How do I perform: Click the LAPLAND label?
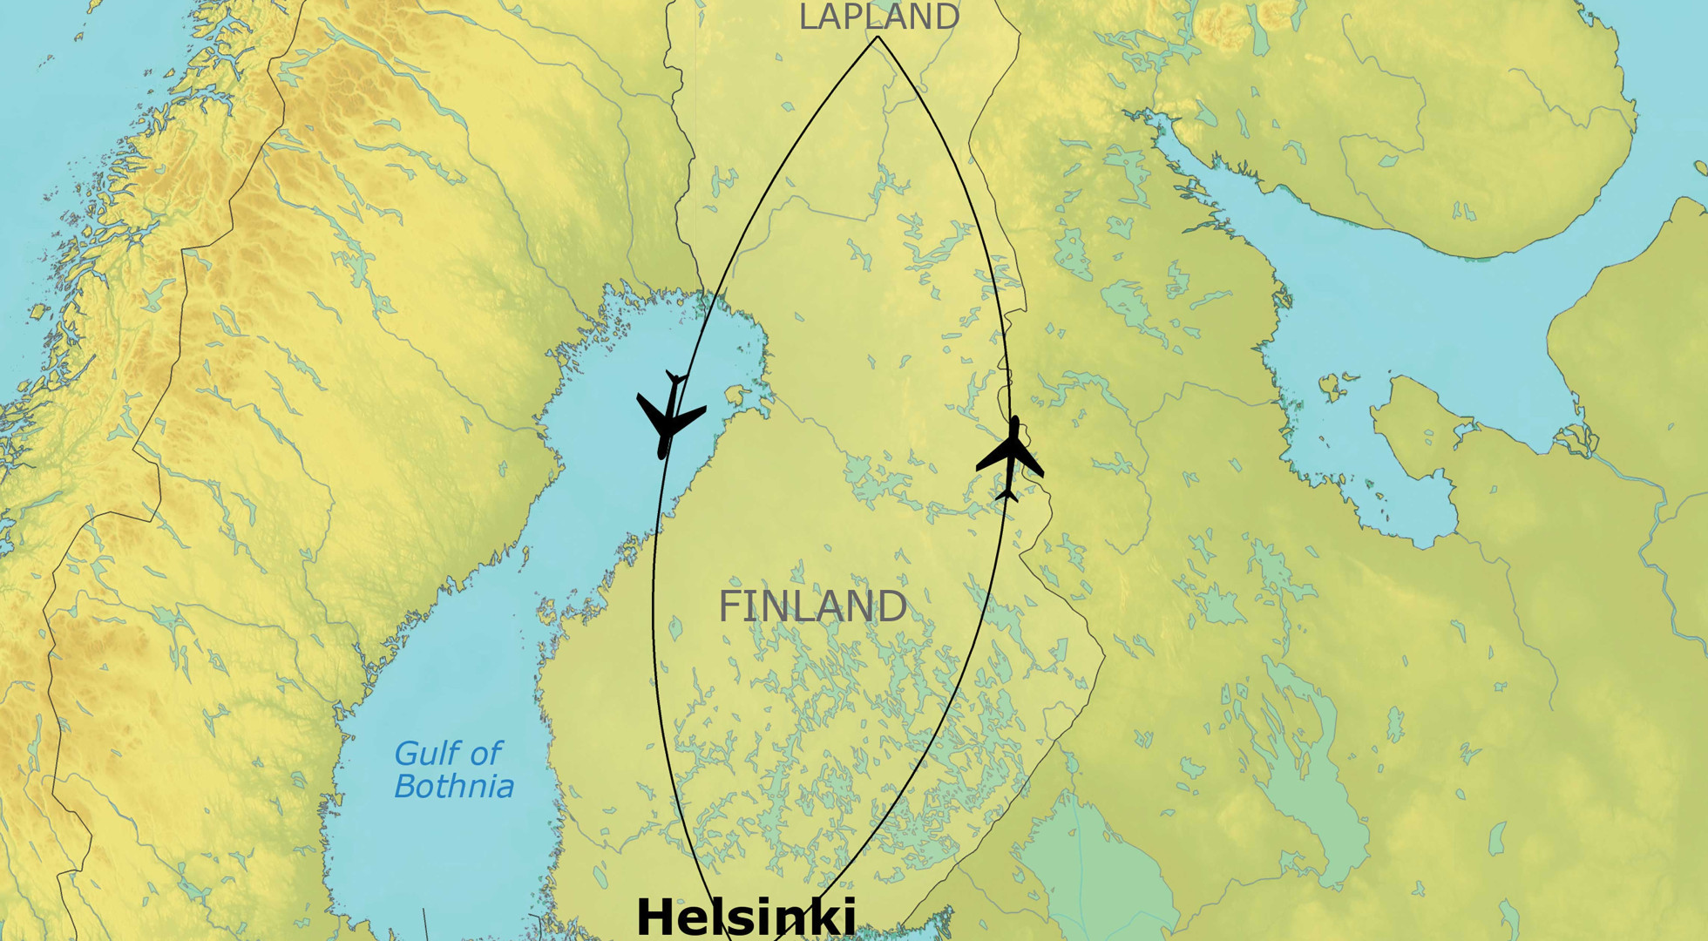click(x=878, y=17)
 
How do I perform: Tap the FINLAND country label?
click(x=812, y=606)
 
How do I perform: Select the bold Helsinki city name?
click(x=746, y=917)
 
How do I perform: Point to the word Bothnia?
click(x=454, y=787)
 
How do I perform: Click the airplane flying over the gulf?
click(x=669, y=415)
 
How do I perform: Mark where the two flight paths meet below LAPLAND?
click(x=878, y=37)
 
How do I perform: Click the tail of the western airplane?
click(x=675, y=379)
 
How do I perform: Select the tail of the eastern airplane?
click(x=1007, y=495)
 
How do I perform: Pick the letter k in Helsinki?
click(x=818, y=917)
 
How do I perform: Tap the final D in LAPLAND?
click(x=947, y=17)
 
